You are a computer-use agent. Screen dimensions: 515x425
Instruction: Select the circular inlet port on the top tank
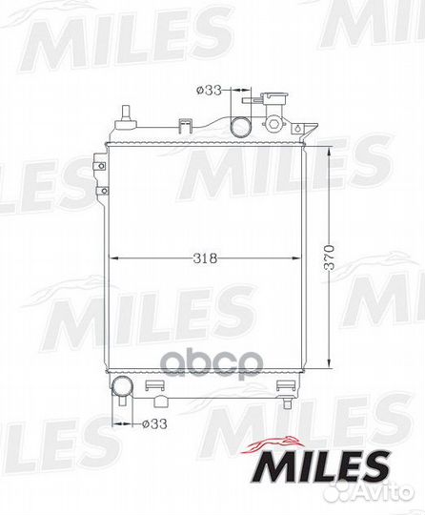(239, 128)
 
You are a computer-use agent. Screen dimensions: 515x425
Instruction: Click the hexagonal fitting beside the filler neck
(276, 125)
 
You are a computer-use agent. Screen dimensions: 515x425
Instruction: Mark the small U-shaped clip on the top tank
(188, 123)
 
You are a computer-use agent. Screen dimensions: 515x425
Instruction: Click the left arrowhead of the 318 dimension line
(115, 257)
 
